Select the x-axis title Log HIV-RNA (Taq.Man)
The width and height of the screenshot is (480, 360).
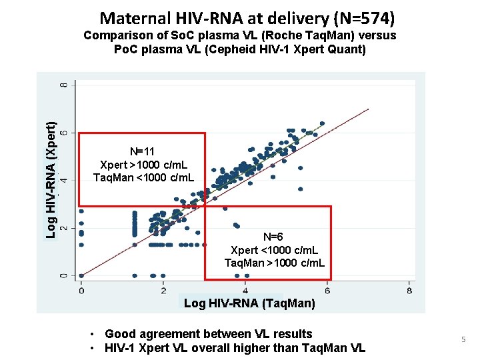pyautogui.click(x=249, y=304)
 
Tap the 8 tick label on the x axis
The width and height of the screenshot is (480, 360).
pyautogui.click(x=409, y=291)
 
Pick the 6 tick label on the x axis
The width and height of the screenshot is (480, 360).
pyautogui.click(x=327, y=291)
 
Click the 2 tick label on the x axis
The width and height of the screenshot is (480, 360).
pyautogui.click(x=163, y=291)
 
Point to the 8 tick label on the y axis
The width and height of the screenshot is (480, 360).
pyautogui.click(x=64, y=86)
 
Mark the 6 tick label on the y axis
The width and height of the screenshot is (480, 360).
pyautogui.click(x=64, y=133)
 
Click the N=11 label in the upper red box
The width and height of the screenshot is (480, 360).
pyautogui.click(x=142, y=152)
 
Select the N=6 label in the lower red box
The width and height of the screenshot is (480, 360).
pyautogui.click(x=273, y=237)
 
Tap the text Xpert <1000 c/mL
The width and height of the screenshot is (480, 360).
pyautogui.click(x=274, y=250)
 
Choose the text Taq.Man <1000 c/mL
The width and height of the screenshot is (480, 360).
pyautogui.click(x=143, y=177)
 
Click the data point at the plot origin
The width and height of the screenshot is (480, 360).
pyautogui.click(x=81, y=275)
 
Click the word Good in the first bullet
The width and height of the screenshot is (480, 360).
pyautogui.click(x=121, y=334)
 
